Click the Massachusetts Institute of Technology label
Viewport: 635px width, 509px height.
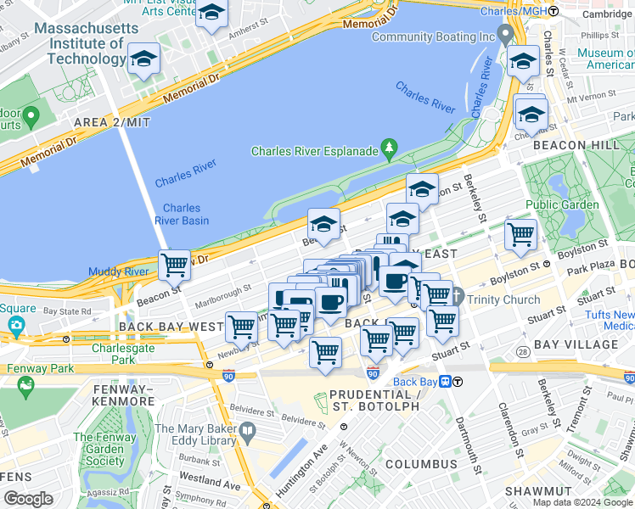click(86, 43)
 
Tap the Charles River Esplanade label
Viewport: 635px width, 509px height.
click(313, 151)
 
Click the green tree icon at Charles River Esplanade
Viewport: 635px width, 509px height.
click(390, 149)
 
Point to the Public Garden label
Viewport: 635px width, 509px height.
click(561, 204)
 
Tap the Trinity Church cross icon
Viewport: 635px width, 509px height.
click(458, 298)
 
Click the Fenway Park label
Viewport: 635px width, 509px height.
click(40, 369)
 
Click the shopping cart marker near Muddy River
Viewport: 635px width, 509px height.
click(175, 265)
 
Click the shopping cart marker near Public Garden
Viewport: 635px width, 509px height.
click(520, 233)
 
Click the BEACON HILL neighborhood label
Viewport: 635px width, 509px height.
click(576, 145)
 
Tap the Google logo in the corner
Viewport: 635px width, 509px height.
click(29, 498)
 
